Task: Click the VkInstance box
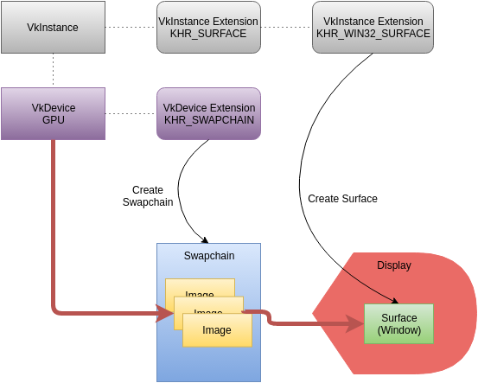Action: point(53,28)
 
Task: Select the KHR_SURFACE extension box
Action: point(208,28)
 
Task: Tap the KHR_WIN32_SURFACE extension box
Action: point(373,28)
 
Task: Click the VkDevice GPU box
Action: point(53,113)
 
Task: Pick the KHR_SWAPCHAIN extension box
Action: point(208,113)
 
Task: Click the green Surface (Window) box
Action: point(398,323)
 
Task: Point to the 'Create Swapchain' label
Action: point(148,196)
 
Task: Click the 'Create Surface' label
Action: point(342,199)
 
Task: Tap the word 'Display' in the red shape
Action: point(394,265)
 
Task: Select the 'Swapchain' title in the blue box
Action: point(207,257)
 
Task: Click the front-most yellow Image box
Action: point(217,330)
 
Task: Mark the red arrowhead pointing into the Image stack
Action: point(164,313)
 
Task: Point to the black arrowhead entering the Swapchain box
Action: point(206,239)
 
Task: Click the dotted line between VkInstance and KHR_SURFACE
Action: point(131,28)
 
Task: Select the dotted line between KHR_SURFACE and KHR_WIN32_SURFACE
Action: point(286,28)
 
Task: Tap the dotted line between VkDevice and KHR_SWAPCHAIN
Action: point(131,113)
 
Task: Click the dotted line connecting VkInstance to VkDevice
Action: point(53,70)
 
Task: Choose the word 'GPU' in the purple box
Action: point(53,120)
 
